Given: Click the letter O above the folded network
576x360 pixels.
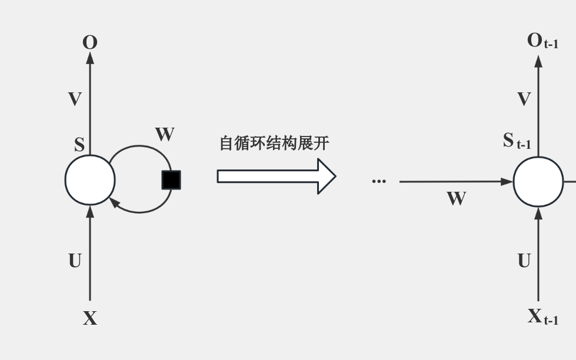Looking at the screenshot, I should [x=90, y=42].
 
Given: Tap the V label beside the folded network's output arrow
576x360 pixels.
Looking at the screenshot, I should [x=75, y=99].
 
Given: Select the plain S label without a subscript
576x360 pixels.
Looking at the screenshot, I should [x=79, y=145].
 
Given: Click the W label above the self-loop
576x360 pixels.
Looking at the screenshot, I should [x=165, y=135].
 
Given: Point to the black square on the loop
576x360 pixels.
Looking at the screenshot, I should [x=171, y=180].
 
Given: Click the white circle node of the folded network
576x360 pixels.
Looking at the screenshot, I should [x=90, y=180].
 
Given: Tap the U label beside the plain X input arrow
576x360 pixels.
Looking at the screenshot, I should [x=75, y=261].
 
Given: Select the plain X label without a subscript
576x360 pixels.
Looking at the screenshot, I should [x=90, y=318].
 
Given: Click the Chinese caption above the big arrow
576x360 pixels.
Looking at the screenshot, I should [x=274, y=144].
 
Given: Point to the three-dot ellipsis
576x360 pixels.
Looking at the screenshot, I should [x=379, y=181].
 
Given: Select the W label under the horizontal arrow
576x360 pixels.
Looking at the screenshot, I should [x=456, y=199].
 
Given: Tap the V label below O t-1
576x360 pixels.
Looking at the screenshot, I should [x=524, y=99].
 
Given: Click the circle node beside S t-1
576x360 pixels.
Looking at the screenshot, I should [x=538, y=182].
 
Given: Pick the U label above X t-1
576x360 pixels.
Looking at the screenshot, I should [x=524, y=261].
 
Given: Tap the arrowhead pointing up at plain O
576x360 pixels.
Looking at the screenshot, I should [x=90, y=58].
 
